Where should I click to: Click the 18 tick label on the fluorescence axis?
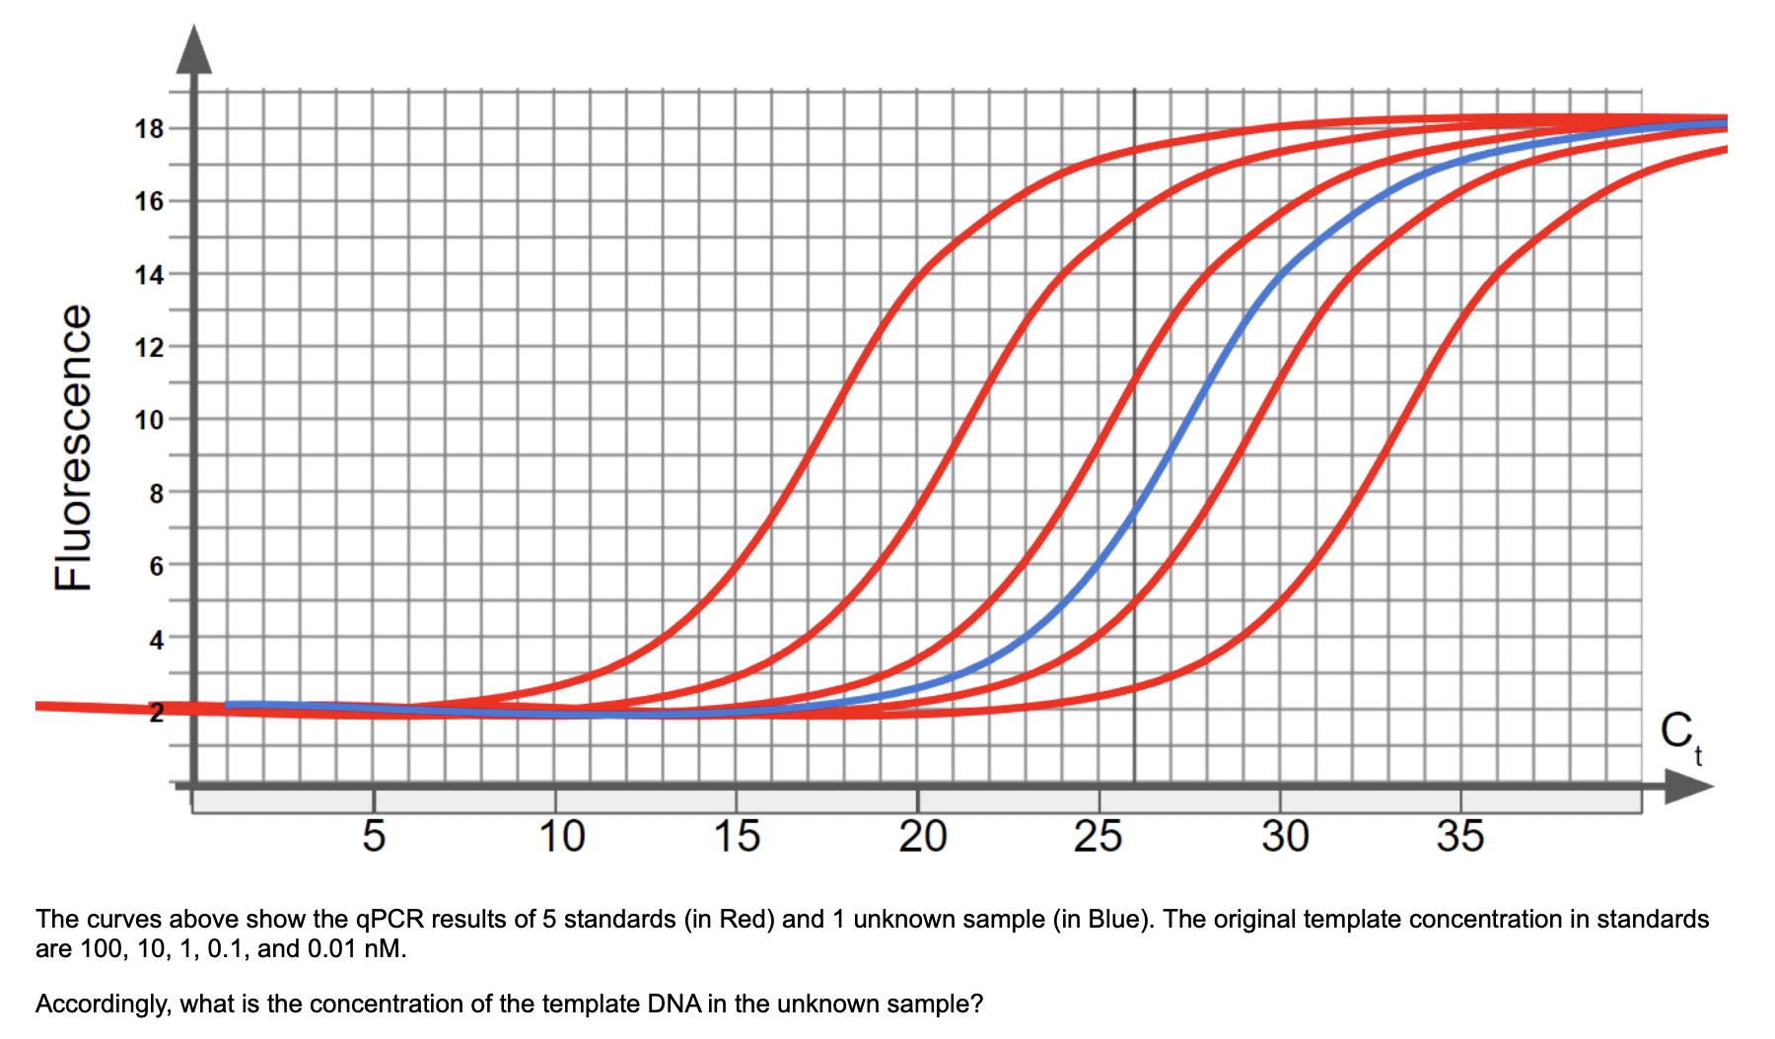[x=149, y=128]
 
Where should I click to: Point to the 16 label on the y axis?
[x=149, y=201]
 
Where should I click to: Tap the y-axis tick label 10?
[x=149, y=420]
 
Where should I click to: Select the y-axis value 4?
[x=156, y=640]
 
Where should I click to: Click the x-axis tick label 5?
[x=374, y=836]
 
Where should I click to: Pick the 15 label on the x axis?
[x=737, y=836]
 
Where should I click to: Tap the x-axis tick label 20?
[x=922, y=836]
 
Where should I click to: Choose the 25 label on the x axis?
[x=1098, y=836]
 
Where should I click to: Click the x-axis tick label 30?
[x=1285, y=836]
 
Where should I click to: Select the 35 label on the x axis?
[x=1459, y=836]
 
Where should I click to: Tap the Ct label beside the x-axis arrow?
[x=1680, y=735]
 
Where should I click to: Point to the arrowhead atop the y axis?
[x=193, y=51]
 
